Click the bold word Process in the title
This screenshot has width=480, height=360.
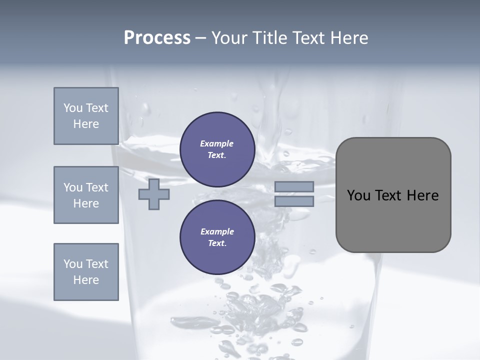tap(157, 38)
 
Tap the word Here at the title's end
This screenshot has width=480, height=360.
tap(348, 38)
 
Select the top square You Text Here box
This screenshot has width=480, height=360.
tap(86, 116)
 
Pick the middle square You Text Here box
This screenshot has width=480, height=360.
tap(86, 195)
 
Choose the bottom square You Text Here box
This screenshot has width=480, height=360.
tap(86, 272)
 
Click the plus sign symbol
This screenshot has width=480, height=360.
tap(153, 194)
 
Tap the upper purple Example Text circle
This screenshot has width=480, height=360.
tap(217, 149)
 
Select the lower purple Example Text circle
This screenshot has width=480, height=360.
tap(217, 237)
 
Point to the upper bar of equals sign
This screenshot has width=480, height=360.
tap(294, 186)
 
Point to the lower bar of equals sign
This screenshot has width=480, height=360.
tap(294, 201)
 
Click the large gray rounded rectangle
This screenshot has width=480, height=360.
tap(393, 220)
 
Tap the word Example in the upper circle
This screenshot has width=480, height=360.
tap(217, 143)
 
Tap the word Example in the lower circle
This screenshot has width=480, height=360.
tap(217, 231)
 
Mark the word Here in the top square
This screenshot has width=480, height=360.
tap(86, 124)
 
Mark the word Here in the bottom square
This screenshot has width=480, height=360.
tap(86, 280)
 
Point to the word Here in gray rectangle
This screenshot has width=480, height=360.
tap(422, 195)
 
